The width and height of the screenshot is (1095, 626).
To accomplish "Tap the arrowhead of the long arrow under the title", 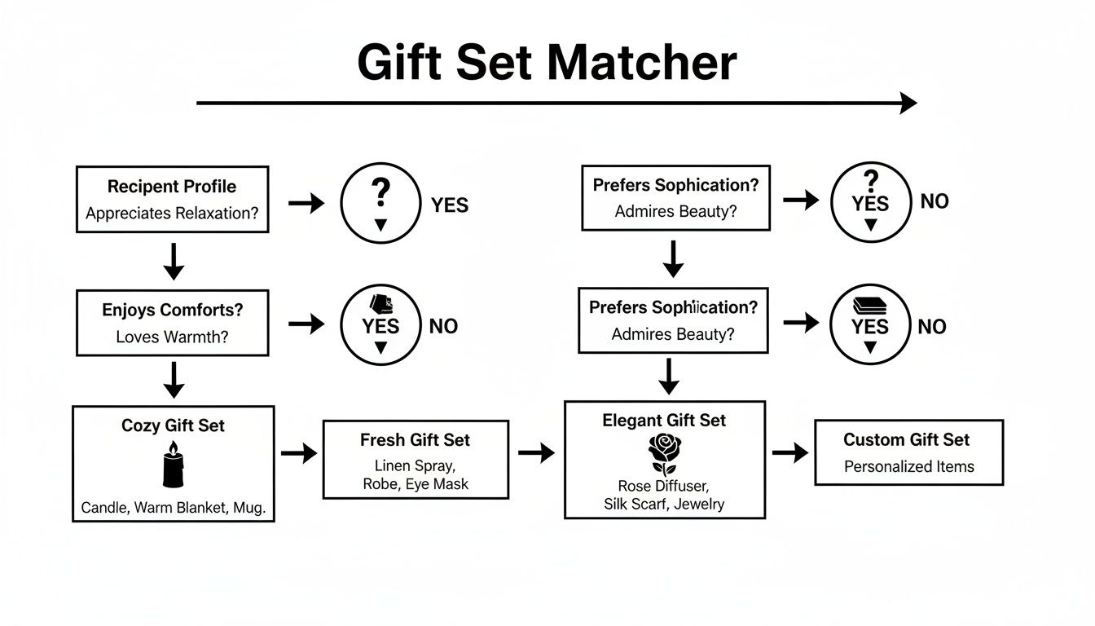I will tap(908, 103).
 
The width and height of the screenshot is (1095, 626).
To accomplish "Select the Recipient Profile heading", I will tap(172, 187).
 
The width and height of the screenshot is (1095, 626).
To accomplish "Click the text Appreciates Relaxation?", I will tap(172, 214).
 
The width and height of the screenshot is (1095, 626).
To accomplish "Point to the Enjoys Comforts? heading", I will tap(173, 311).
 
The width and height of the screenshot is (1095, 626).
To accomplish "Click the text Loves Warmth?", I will tap(172, 337).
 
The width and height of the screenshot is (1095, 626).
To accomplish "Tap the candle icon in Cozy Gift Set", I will tap(173, 465).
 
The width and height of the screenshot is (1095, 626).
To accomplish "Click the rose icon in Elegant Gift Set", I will tap(664, 454).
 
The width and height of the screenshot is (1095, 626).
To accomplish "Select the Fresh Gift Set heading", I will tap(415, 440).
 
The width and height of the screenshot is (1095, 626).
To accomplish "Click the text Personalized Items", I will tap(908, 467).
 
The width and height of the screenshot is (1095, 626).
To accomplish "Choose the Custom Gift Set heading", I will tap(906, 440).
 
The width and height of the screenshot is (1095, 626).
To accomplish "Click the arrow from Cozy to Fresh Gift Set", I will tap(298, 453).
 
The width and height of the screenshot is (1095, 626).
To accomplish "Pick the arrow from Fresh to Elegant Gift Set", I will tap(536, 452).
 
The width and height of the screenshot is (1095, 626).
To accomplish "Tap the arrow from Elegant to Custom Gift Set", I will tap(789, 452).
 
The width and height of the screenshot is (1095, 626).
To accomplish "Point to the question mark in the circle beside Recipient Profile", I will tap(380, 194).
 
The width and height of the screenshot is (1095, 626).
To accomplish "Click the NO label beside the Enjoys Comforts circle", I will tap(443, 327).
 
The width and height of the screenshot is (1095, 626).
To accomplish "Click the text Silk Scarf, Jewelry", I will tap(664, 504).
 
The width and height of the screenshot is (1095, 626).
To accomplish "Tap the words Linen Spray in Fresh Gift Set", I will tap(415, 465).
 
